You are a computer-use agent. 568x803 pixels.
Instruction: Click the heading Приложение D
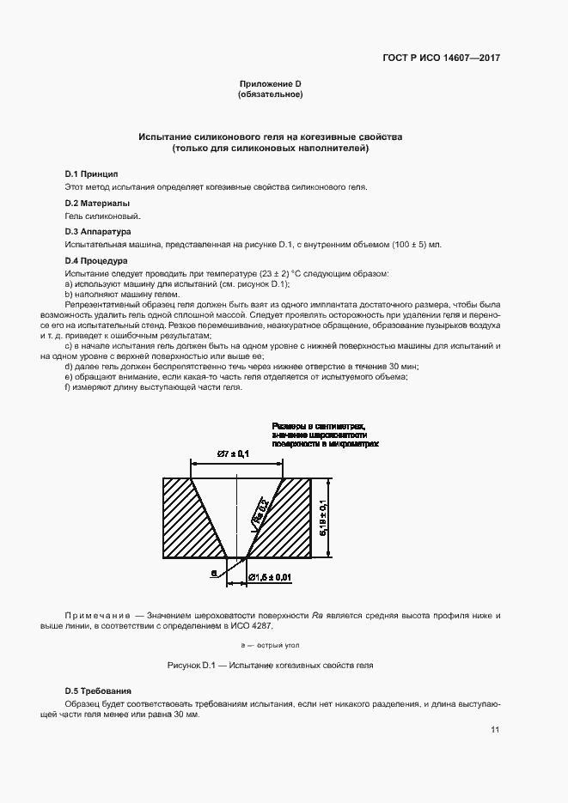pyautogui.click(x=270, y=83)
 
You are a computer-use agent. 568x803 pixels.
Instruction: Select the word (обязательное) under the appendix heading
pyautogui.click(x=270, y=94)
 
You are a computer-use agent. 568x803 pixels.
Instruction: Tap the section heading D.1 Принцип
pyautogui.click(x=92, y=173)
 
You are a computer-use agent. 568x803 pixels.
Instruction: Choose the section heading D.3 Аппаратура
pyautogui.click(x=98, y=231)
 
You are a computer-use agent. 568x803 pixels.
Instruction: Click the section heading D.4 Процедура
pyautogui.click(x=96, y=260)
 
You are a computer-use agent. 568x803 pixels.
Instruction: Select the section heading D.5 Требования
pyautogui.click(x=99, y=690)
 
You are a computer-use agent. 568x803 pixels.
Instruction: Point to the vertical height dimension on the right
pyautogui.click(x=321, y=519)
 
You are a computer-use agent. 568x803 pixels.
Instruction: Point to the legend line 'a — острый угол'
pyautogui.click(x=270, y=643)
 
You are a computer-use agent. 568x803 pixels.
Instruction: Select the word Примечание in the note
pyautogui.click(x=95, y=616)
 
